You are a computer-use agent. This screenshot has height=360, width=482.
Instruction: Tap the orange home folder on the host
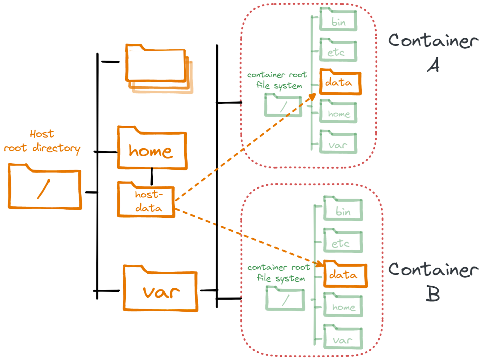tap(152, 149)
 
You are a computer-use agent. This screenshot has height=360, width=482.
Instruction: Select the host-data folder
tap(146, 201)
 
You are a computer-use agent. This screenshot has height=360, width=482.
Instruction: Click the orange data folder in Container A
tap(340, 82)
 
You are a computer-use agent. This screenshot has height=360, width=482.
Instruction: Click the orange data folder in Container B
tap(345, 274)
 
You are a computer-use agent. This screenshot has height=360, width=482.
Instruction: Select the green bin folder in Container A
tap(338, 20)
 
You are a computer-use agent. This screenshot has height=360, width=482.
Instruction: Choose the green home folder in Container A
tap(338, 113)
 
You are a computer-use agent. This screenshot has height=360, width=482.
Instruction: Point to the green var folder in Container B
tap(343, 339)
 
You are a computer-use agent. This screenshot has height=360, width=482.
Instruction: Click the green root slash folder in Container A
tap(283, 106)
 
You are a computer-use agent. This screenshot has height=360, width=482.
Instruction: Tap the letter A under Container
tap(433, 65)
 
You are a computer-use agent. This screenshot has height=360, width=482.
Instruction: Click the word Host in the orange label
tap(42, 134)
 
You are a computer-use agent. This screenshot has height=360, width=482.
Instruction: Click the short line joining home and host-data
tap(152, 177)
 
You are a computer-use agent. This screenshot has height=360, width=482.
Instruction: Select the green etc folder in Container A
tap(338, 51)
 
